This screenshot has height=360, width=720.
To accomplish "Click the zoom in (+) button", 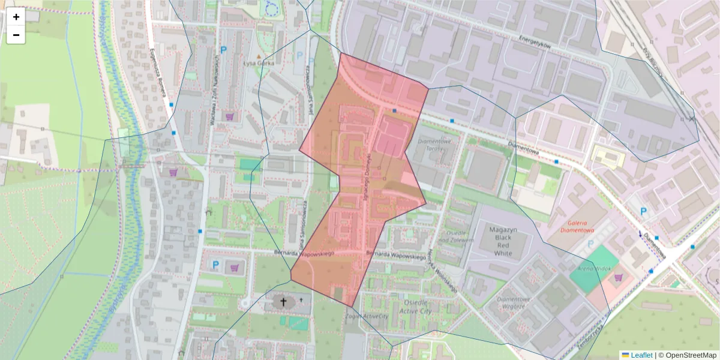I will (x=16, y=17).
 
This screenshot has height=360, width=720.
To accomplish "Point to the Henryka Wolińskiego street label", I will (x=443, y=270).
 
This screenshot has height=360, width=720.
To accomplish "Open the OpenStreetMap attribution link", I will (x=687, y=355).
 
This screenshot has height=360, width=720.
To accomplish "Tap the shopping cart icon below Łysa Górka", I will (x=229, y=116).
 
